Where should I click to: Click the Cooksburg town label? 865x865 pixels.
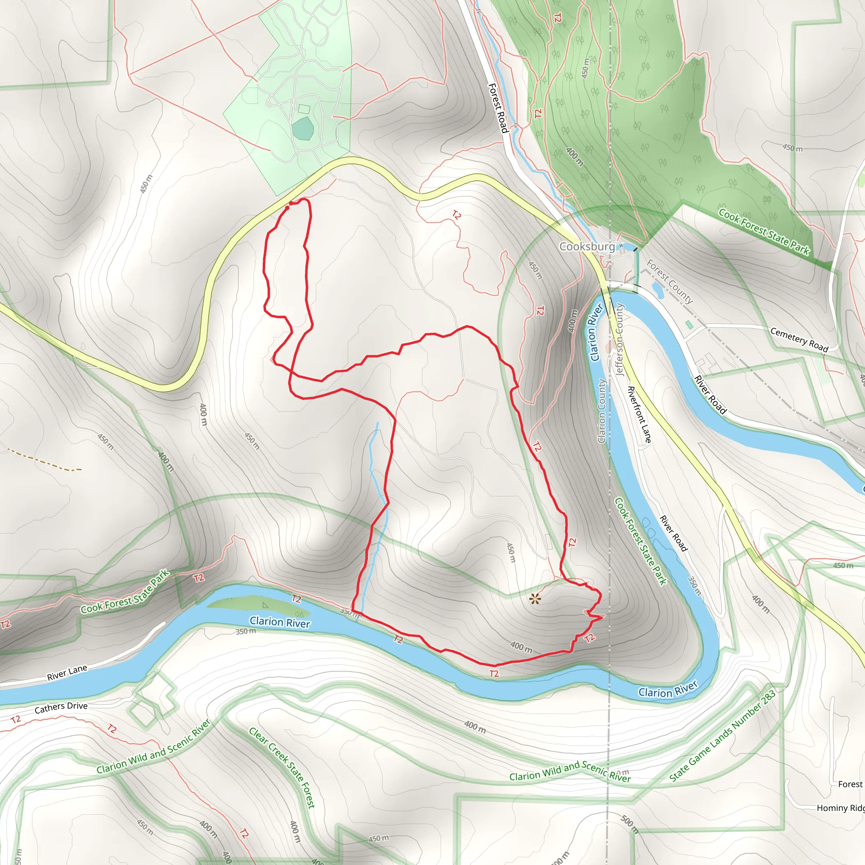(587, 246)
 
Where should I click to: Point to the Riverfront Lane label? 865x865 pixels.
(639, 414)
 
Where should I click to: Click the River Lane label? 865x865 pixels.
(67, 672)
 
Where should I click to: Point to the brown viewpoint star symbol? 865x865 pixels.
(535, 599)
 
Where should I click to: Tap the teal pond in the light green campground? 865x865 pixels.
(302, 128)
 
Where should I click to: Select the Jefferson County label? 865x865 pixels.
(619, 340)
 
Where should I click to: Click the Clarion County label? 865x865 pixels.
(602, 411)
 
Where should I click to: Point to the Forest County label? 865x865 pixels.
(669, 282)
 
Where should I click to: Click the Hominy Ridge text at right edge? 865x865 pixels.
(841, 808)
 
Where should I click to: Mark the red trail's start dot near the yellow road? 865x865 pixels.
(287, 207)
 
